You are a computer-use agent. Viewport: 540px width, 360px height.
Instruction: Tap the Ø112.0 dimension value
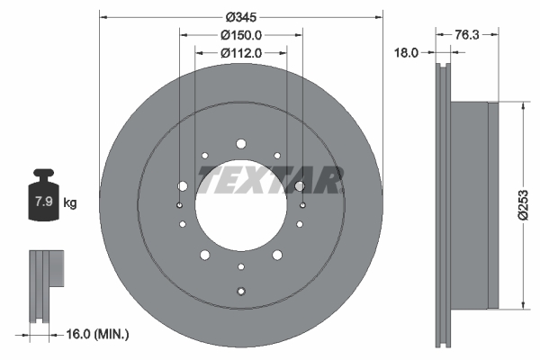coord(241,53)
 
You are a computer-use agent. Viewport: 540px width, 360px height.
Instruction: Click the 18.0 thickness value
coord(409,53)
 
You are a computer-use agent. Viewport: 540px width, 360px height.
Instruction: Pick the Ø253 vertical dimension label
coord(522,205)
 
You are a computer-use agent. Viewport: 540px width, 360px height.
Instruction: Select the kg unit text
coord(70,203)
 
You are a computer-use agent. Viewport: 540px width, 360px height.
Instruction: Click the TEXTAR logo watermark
coord(271,179)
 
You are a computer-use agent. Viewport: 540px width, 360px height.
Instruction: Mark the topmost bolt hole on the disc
coord(241,144)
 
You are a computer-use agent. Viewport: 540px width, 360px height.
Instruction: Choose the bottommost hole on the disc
coord(241,290)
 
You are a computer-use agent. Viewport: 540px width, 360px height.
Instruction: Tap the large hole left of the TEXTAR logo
coord(183,186)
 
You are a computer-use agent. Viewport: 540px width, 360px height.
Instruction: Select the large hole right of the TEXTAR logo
coord(299,186)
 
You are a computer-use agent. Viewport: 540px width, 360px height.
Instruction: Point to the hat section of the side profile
coord(472,205)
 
